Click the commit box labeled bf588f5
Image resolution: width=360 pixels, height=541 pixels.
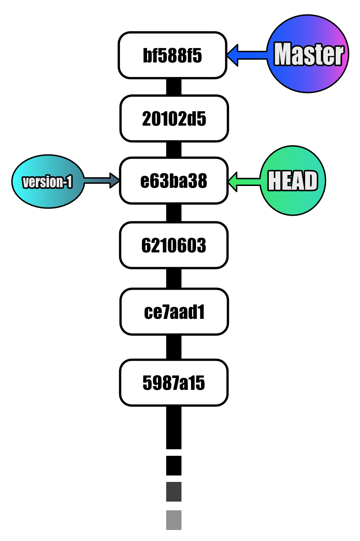pyautogui.click(x=172, y=55)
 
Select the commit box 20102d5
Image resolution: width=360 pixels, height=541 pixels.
pyautogui.click(x=174, y=118)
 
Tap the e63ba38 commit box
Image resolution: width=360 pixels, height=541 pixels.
pyautogui.click(x=174, y=180)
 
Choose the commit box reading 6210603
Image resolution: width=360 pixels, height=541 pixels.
pyautogui.click(x=174, y=245)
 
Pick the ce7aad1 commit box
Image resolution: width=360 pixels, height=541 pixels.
pyautogui.click(x=174, y=311)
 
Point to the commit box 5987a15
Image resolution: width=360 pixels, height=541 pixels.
pyautogui.click(x=174, y=383)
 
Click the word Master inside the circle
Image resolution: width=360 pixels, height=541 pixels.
pyautogui.click(x=308, y=55)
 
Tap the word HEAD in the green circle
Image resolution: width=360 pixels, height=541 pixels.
pyautogui.click(x=293, y=180)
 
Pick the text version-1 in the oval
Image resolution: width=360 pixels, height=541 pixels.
pyautogui.click(x=48, y=182)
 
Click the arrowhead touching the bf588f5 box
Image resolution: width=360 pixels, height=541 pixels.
pyautogui.click(x=232, y=55)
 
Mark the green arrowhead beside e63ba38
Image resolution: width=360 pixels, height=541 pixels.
pyautogui.click(x=233, y=181)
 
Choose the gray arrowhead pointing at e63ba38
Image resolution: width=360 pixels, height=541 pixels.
pyautogui.click(x=115, y=180)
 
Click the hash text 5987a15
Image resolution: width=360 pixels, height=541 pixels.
pyautogui.click(x=174, y=383)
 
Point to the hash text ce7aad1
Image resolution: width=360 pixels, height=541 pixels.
pyautogui.click(x=174, y=312)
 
